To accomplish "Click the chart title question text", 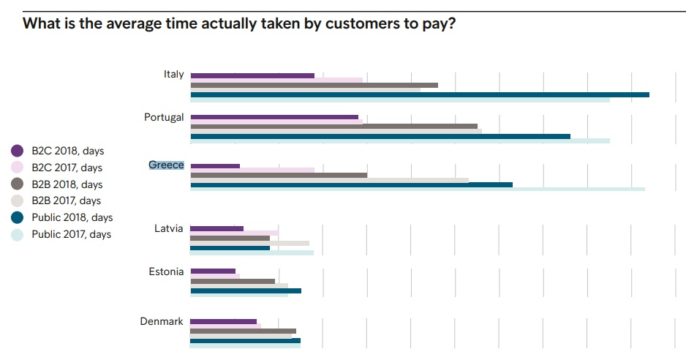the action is tap(239, 23).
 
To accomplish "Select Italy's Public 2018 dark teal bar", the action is tap(420, 94).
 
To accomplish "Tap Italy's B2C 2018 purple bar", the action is tap(252, 76).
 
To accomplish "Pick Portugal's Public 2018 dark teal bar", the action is tap(380, 136).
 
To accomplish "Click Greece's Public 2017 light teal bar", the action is tap(418, 190).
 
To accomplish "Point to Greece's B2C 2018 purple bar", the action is tap(215, 166).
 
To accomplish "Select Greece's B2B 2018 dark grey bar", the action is tap(279, 175).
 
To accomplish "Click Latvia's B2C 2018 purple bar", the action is tap(216, 228).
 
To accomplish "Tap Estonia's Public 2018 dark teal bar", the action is tap(246, 290).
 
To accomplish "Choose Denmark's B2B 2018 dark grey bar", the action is tap(243, 331).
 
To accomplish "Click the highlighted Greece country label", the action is tap(166, 165).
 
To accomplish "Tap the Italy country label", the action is tap(173, 75).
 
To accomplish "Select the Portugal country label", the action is tap(164, 117).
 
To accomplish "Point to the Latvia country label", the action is tap(168, 228).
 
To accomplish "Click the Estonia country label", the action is tap(166, 271).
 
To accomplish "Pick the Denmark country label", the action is tap(162, 321).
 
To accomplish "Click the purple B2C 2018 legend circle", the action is tap(17, 151).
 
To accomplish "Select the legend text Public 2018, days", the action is tap(72, 217).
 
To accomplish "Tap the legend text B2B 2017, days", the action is tap(67, 200).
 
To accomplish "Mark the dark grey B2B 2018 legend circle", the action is tap(17, 184).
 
